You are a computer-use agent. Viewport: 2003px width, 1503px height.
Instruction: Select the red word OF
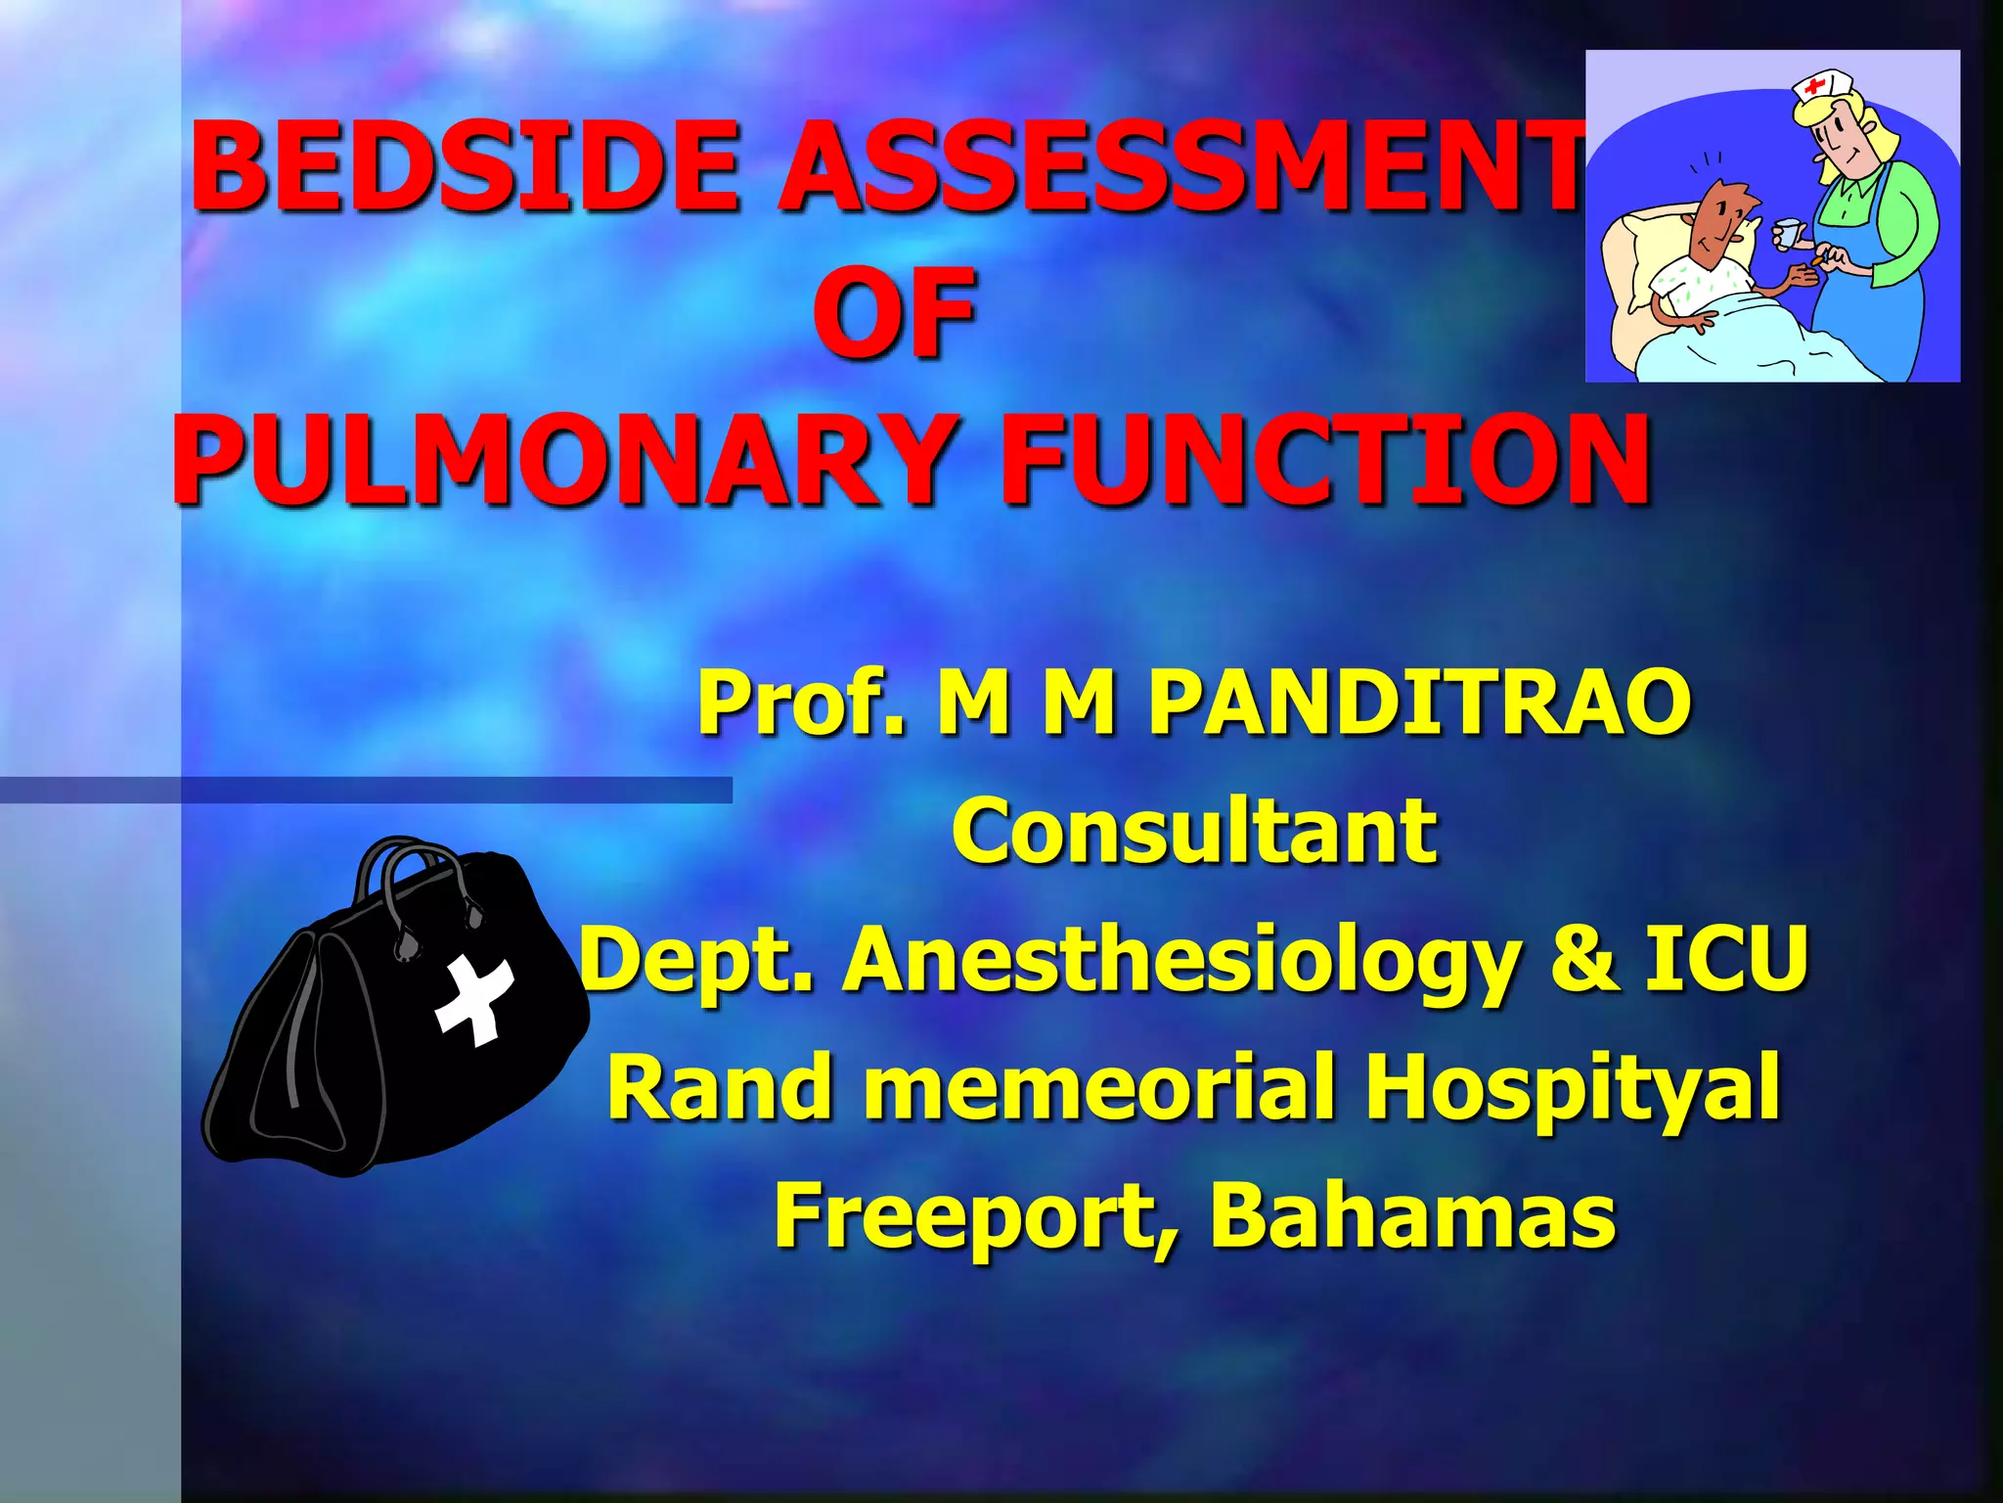click(894, 313)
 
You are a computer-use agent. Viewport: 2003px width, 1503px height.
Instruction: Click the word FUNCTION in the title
click(1325, 460)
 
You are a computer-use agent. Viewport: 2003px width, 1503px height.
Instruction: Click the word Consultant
click(1194, 832)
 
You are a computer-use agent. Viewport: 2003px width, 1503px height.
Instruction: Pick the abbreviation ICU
click(1726, 959)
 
